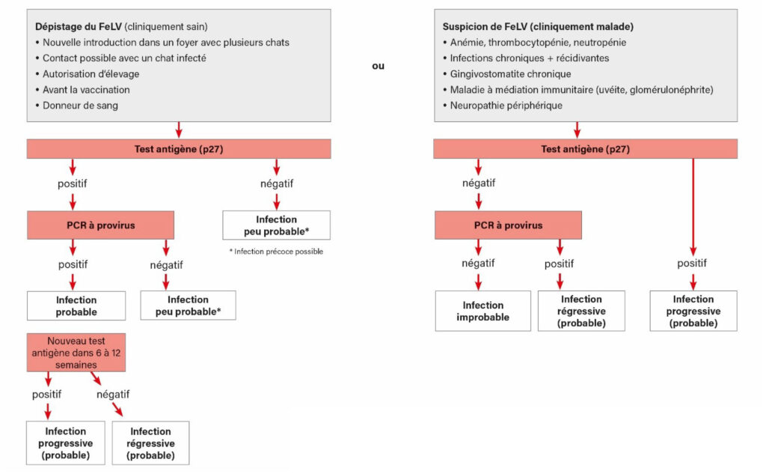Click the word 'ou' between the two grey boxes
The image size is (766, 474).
tap(379, 66)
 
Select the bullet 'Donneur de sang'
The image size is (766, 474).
tap(80, 106)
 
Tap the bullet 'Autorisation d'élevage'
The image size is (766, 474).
tap(91, 73)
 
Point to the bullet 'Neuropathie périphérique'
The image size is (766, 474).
tap(506, 106)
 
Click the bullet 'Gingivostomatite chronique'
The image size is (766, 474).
tap(510, 73)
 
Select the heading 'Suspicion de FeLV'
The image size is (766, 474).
tap(486, 26)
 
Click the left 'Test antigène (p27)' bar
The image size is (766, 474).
tap(178, 149)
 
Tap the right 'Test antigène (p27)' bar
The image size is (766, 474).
tap(585, 149)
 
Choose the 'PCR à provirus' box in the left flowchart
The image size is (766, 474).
tap(100, 225)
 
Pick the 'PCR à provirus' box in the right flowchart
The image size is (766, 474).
tap(508, 225)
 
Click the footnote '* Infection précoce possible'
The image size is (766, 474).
tap(276, 252)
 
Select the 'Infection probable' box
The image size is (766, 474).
tap(76, 306)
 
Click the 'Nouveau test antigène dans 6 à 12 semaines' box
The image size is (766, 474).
tap(76, 352)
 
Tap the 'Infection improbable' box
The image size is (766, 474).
tap(482, 311)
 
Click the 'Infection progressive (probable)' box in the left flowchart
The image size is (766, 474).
tap(65, 443)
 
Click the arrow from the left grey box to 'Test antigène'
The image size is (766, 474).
tap(178, 130)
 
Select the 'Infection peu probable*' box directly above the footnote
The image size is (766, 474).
tap(276, 225)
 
